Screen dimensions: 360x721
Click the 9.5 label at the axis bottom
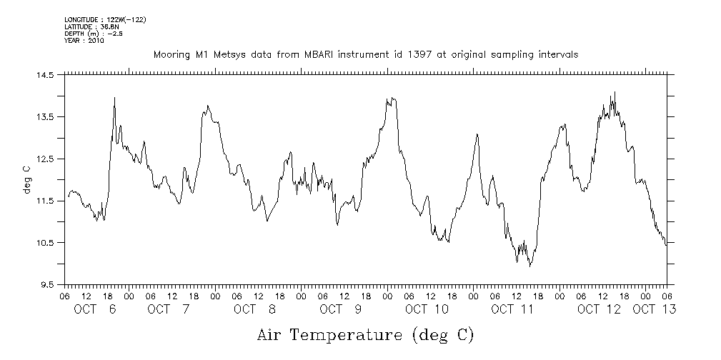click(x=47, y=285)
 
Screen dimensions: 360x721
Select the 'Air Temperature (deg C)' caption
click(x=365, y=335)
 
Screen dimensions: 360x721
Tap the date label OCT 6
click(x=95, y=309)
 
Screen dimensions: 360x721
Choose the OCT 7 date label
click(x=169, y=309)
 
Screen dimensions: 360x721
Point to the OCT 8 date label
click(x=254, y=309)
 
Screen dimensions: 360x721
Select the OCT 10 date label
click(x=427, y=309)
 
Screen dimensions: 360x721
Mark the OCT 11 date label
click(x=512, y=309)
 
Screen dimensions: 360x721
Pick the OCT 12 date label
click(x=599, y=309)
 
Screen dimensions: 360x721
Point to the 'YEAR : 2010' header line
click(x=84, y=41)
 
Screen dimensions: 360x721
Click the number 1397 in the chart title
click(x=417, y=54)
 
